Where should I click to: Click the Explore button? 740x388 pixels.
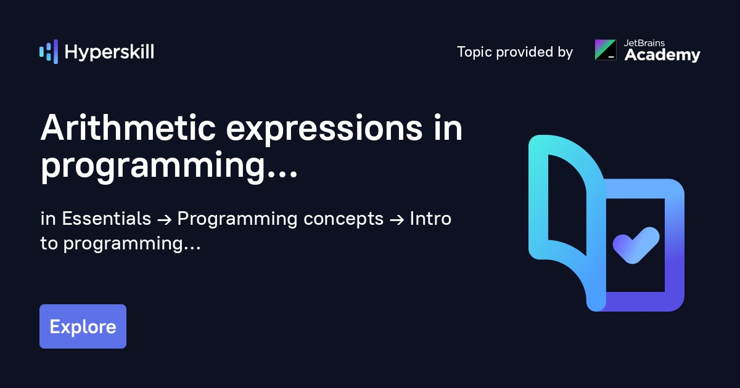click(83, 326)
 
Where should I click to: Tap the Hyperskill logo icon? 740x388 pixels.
click(49, 52)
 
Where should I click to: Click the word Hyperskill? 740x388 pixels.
click(109, 52)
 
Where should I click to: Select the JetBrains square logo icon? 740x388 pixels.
click(606, 50)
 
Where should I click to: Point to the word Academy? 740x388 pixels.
click(662, 55)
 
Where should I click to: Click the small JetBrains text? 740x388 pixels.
click(644, 43)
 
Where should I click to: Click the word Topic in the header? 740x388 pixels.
click(474, 52)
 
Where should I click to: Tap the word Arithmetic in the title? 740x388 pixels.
click(128, 128)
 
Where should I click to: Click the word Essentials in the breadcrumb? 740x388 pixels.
click(106, 219)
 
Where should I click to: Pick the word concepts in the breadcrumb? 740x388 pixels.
click(343, 219)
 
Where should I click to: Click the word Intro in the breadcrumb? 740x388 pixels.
click(430, 219)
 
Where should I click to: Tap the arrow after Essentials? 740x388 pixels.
click(164, 220)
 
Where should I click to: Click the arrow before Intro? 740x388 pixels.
click(397, 220)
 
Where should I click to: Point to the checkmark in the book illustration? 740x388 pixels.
click(636, 245)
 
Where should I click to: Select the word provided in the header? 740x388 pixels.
click(525, 52)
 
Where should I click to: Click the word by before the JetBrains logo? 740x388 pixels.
click(565, 52)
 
